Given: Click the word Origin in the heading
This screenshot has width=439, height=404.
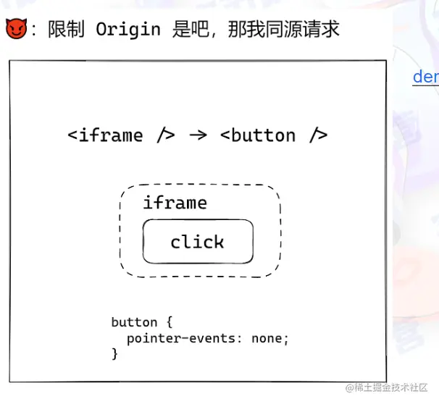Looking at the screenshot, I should (127, 30).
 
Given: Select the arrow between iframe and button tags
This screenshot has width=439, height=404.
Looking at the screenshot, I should (197, 135).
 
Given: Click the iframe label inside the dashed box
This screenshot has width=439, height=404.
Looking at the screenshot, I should (175, 203).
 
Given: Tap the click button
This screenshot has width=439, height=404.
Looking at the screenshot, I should (198, 242).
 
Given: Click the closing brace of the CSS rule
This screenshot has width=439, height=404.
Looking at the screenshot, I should (114, 354).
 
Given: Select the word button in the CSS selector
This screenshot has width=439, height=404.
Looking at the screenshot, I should (134, 322).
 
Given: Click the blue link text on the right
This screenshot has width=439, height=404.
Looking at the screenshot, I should (425, 77).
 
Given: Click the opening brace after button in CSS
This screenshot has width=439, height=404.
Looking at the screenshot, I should (169, 322).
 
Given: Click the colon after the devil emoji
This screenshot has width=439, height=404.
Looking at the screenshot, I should (34, 30).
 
